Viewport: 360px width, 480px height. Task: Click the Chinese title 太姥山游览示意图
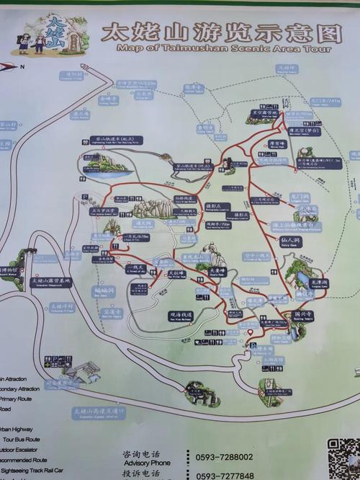coord(220,33)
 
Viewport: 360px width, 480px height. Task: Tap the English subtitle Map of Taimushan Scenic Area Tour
coord(223,49)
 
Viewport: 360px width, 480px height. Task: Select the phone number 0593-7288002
coord(224,457)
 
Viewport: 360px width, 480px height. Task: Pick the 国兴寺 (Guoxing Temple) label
coord(303,314)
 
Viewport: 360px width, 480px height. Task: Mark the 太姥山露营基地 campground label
coord(51,281)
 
